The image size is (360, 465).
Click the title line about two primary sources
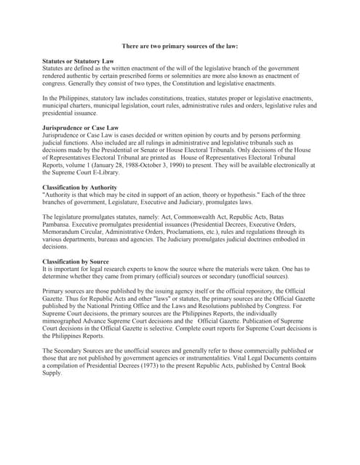(x=180, y=45)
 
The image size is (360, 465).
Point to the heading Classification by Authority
(x=82, y=187)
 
